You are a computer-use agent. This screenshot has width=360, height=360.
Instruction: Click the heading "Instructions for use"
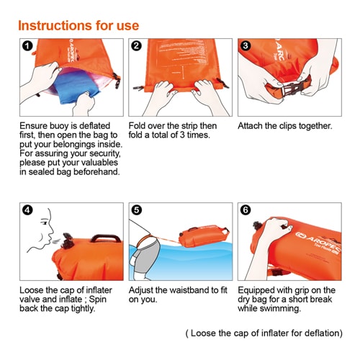point(78,25)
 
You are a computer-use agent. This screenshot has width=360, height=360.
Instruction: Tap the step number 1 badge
point(27,45)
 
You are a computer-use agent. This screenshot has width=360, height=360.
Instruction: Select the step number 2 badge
point(136,45)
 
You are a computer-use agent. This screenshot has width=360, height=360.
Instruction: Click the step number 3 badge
point(246,45)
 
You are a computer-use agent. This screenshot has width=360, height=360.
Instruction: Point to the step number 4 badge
point(27,210)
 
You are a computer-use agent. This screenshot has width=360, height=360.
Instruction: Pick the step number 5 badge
point(136,210)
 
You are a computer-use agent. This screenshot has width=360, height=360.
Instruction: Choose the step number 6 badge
point(246,210)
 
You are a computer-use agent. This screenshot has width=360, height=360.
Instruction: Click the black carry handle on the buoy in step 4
point(106,238)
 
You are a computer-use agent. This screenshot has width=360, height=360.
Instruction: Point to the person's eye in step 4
point(44,223)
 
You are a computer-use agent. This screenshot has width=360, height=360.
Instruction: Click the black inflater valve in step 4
point(68,240)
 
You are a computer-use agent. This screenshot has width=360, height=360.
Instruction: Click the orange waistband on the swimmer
point(144,240)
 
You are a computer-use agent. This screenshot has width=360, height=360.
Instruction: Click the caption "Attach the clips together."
point(285,126)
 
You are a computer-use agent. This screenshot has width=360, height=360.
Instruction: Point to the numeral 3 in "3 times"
point(182,135)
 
